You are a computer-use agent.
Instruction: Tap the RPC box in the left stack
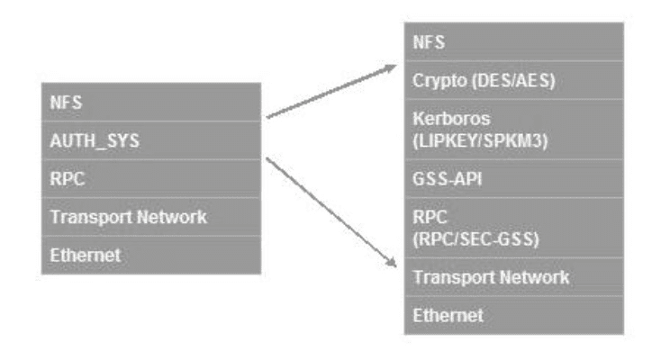pos(150,178)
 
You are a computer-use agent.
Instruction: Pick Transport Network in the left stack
pos(150,217)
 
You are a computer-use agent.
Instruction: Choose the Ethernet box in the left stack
pos(150,255)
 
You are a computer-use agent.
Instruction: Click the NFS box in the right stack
pos(501,41)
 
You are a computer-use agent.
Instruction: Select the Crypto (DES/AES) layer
pos(501,81)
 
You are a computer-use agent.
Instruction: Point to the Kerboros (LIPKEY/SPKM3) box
pos(501,130)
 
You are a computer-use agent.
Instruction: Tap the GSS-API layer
pos(501,178)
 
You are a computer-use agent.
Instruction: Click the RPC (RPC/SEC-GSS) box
pos(501,227)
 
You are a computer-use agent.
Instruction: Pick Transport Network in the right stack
pos(501,276)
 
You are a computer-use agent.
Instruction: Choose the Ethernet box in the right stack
pos(501,315)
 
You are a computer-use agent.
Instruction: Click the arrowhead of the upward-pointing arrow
pos(392,67)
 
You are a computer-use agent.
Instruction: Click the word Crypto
pos(435,81)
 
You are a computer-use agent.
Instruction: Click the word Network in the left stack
pos(173,217)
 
